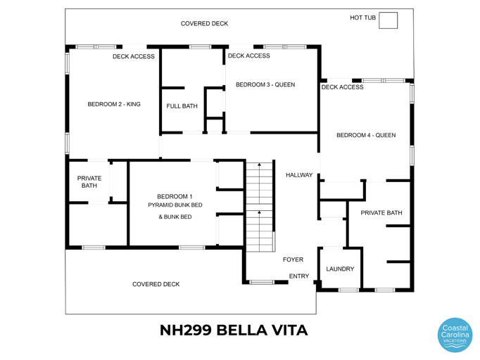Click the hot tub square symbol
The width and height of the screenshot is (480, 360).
(388, 20)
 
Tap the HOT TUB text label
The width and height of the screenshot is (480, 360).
(362, 18)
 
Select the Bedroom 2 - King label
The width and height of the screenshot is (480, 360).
(114, 104)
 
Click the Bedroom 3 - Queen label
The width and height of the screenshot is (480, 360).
(265, 84)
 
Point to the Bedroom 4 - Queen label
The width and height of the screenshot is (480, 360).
(365, 136)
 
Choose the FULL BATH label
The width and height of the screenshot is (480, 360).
(182, 106)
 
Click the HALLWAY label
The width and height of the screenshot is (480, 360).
(299, 175)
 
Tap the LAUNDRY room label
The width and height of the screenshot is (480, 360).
(340, 269)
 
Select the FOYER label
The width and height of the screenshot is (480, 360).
(293, 259)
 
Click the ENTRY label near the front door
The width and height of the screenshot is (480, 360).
(299, 276)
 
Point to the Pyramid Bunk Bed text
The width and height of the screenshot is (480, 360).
(175, 205)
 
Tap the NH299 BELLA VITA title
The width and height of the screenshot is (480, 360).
(234, 330)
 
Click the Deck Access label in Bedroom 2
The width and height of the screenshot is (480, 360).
(133, 56)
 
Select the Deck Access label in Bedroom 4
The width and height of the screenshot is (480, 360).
(342, 87)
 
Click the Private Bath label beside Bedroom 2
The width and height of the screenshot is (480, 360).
(89, 182)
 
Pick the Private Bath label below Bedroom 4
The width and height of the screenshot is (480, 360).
(381, 212)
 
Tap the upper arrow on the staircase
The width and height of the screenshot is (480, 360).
(259, 166)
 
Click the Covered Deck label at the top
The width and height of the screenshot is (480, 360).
(204, 23)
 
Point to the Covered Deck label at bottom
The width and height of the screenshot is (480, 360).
(156, 284)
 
